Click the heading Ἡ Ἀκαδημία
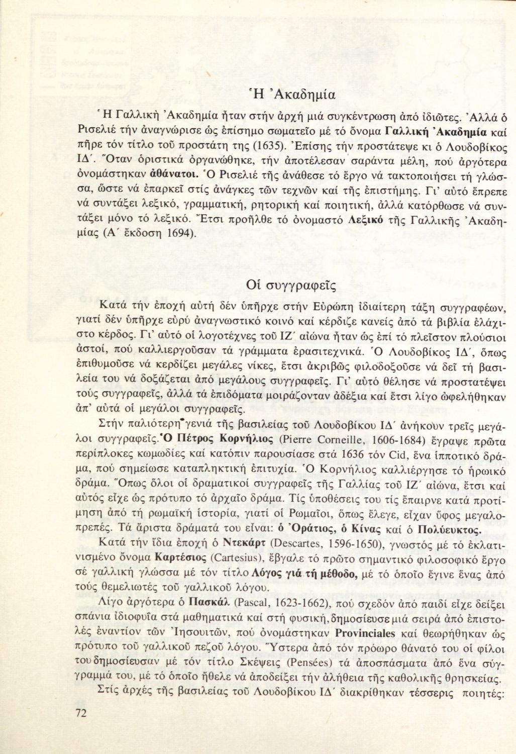click(292, 93)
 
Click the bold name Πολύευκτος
click(449, 530)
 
